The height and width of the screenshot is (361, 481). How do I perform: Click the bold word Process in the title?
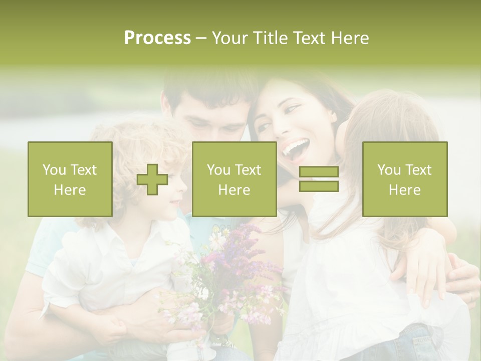[157, 38]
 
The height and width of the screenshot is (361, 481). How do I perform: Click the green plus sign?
[152, 179]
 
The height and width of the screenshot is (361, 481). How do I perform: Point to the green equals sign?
[319, 179]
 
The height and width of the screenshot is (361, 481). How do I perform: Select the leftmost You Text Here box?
[70, 179]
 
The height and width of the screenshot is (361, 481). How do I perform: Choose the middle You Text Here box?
[234, 179]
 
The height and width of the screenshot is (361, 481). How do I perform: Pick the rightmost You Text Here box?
[405, 179]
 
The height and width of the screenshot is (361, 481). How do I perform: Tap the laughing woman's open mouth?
[295, 148]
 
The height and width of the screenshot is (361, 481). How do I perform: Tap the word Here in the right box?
[405, 190]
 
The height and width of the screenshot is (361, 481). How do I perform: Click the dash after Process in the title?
[201, 38]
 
